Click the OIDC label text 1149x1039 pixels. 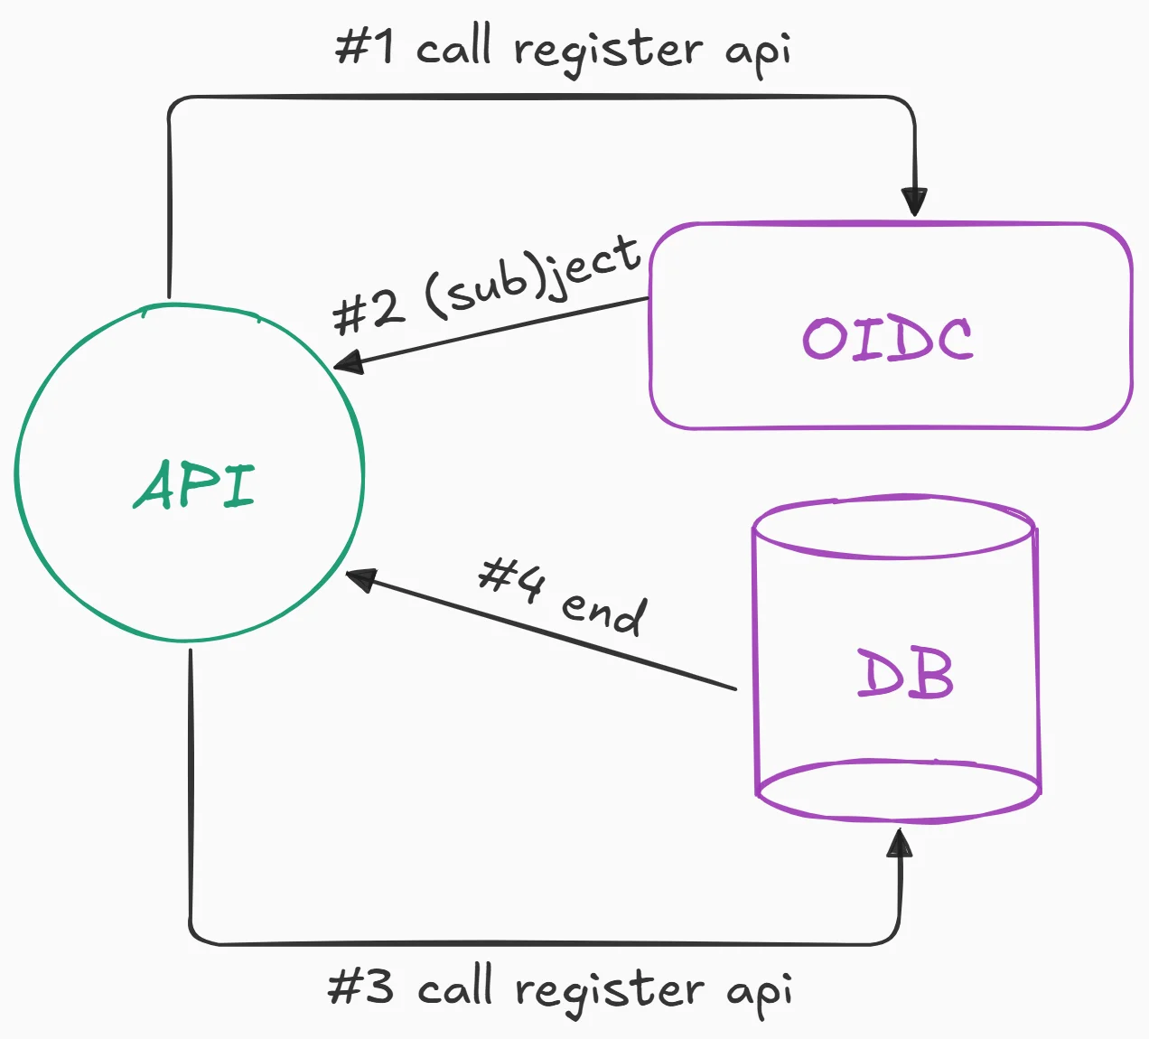888,339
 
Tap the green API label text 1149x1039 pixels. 195,484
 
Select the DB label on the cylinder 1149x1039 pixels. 904,674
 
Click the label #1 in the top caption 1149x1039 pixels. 365,46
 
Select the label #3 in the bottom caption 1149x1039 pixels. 360,987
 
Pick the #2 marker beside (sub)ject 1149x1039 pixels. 365,312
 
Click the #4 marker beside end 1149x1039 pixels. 511,578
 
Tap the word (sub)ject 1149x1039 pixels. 533,276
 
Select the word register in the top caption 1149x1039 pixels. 607,51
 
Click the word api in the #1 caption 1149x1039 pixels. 759,52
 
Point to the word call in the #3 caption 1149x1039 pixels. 455,987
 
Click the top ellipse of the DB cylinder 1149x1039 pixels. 893,527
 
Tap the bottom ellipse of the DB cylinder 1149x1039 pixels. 898,792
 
